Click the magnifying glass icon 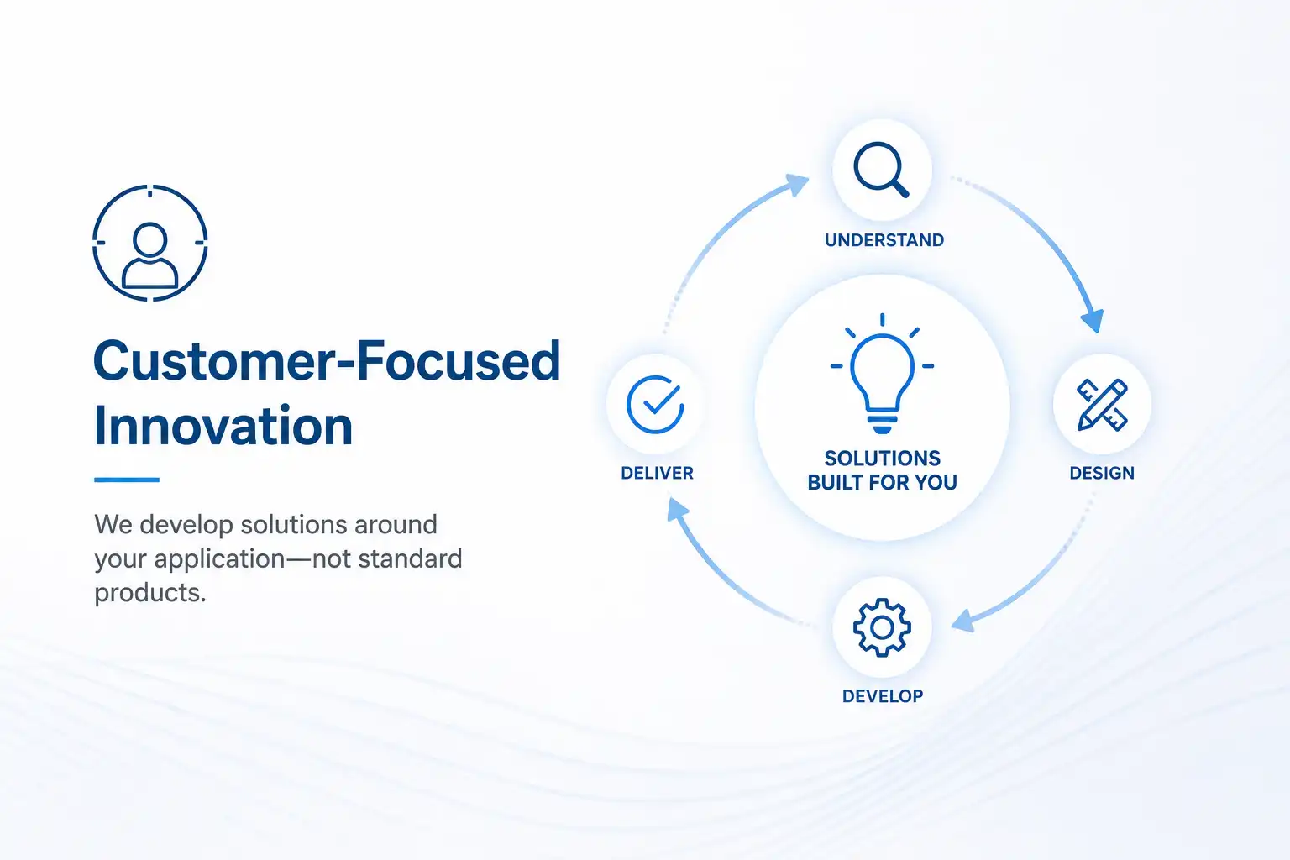coord(881,170)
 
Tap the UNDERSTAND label coord(884,240)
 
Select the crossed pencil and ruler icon coord(1102,404)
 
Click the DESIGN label coord(1102,473)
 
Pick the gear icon coord(882,627)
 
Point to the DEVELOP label coord(883,696)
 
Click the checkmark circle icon coord(655,404)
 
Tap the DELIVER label coord(657,473)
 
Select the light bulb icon coord(882,373)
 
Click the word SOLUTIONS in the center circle coord(883,459)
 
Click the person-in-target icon coord(149,243)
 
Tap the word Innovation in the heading coord(223,426)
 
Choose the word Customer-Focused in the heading coord(327,360)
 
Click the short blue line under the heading coord(127,480)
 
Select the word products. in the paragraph coord(150,593)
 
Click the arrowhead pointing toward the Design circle coord(1093,320)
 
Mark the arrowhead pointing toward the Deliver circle coord(678,510)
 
